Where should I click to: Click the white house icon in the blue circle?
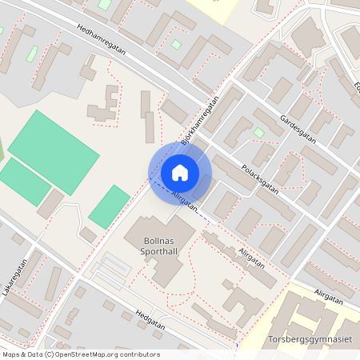click(180, 172)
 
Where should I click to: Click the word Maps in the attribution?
click(11, 354)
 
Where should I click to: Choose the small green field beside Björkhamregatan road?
click(110, 206)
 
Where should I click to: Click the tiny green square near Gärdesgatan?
click(259, 132)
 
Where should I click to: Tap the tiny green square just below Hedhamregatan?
click(175, 45)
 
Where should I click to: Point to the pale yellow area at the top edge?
click(214, 8)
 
